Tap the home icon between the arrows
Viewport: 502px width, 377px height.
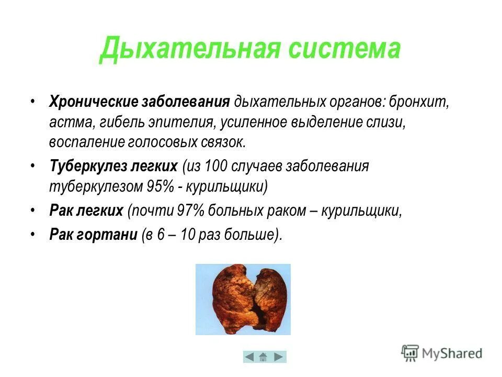265,357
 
